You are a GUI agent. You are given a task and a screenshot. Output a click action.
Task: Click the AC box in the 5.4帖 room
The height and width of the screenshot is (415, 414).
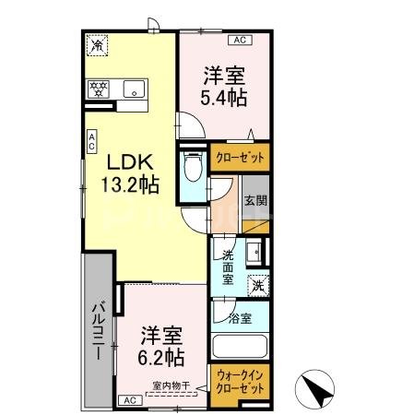tap(239, 40)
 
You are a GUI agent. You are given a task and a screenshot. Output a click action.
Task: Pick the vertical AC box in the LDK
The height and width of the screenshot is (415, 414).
tap(92, 141)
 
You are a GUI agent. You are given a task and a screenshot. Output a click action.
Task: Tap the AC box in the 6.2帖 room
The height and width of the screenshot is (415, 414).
tap(129, 400)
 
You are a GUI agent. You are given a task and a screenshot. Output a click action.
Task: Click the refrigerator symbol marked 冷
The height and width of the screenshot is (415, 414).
tap(97, 42)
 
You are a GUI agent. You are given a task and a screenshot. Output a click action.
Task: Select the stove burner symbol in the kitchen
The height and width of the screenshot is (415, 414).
tap(99, 89)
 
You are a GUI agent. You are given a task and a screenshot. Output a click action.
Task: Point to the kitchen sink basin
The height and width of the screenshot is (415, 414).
tap(135, 89)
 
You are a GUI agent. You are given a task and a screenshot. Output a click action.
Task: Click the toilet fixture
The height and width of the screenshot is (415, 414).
tap(193, 170)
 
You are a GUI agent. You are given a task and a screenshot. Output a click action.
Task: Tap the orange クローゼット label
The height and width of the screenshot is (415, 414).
tap(240, 158)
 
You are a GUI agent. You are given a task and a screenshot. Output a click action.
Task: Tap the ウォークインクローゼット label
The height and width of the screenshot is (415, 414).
tap(238, 383)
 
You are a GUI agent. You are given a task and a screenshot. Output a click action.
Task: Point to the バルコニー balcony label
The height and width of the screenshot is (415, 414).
tap(96, 327)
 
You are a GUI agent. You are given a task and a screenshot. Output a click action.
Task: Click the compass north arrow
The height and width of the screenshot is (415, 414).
tap(316, 391)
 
